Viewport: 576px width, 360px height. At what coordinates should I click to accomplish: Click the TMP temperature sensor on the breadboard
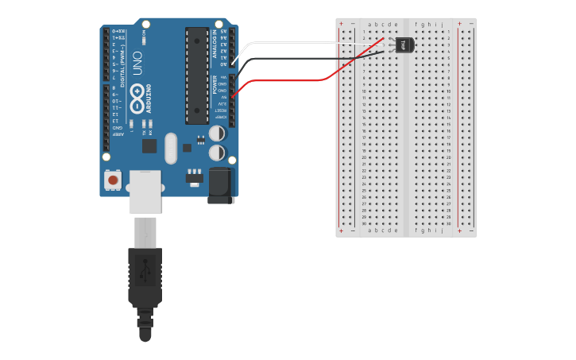pyautogui.click(x=404, y=45)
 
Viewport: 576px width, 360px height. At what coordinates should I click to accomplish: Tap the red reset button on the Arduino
pyautogui.click(x=113, y=180)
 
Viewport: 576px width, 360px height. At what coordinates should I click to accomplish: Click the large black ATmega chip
pyautogui.click(x=196, y=75)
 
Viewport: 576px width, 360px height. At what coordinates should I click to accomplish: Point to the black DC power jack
pyautogui.click(x=221, y=184)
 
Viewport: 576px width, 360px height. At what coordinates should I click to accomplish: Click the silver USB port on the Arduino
pyautogui.click(x=145, y=191)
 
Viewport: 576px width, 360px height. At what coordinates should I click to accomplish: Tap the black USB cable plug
pyautogui.click(x=145, y=278)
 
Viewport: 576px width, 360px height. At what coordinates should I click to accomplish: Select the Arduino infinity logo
pyautogui.click(x=139, y=103)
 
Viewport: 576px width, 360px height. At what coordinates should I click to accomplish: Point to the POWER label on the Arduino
pyautogui.click(x=215, y=84)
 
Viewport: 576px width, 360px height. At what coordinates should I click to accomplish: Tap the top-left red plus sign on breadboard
pyautogui.click(x=342, y=24)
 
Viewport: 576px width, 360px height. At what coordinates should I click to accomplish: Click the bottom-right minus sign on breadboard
pyautogui.click(x=470, y=230)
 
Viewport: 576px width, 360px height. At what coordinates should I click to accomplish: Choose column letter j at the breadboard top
pyautogui.click(x=441, y=25)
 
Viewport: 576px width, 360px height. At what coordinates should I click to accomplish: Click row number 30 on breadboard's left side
pyautogui.click(x=364, y=223)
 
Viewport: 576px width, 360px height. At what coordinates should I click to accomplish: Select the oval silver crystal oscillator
pyautogui.click(x=170, y=148)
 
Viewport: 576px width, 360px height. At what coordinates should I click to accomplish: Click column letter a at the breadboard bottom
pyautogui.click(x=369, y=230)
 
